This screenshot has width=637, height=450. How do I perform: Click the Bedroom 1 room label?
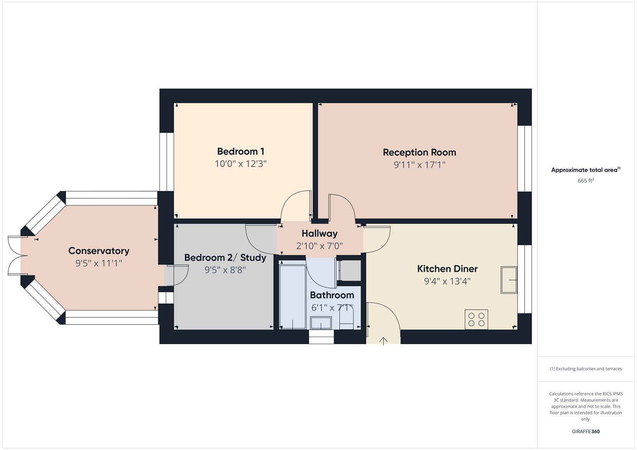tap(240, 151)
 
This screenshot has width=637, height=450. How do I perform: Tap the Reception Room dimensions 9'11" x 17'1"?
tap(419, 165)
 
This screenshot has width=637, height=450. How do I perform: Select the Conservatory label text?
tap(99, 251)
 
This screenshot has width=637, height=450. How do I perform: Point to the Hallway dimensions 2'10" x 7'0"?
tap(320, 246)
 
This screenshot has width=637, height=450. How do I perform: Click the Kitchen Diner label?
tap(447, 269)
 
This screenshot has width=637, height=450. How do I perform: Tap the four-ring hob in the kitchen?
tap(476, 319)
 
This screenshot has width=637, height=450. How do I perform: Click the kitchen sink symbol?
tap(509, 280)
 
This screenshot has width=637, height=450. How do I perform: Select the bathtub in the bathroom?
tap(292, 296)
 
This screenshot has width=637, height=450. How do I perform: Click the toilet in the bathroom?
tap(346, 320)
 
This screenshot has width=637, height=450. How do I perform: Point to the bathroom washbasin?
tap(321, 322)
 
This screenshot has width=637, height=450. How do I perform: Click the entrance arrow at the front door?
tap(383, 341)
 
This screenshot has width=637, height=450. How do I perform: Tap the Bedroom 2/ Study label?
tap(225, 257)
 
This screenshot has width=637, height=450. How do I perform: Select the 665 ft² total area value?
tap(586, 181)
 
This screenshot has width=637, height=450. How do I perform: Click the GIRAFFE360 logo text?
tap(586, 431)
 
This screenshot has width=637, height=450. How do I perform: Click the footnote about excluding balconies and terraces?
tap(586, 369)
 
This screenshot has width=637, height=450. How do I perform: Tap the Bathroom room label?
tap(332, 295)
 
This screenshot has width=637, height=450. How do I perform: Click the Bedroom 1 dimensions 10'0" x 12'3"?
tap(240, 164)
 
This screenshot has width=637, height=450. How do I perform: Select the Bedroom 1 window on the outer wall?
tap(166, 162)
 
